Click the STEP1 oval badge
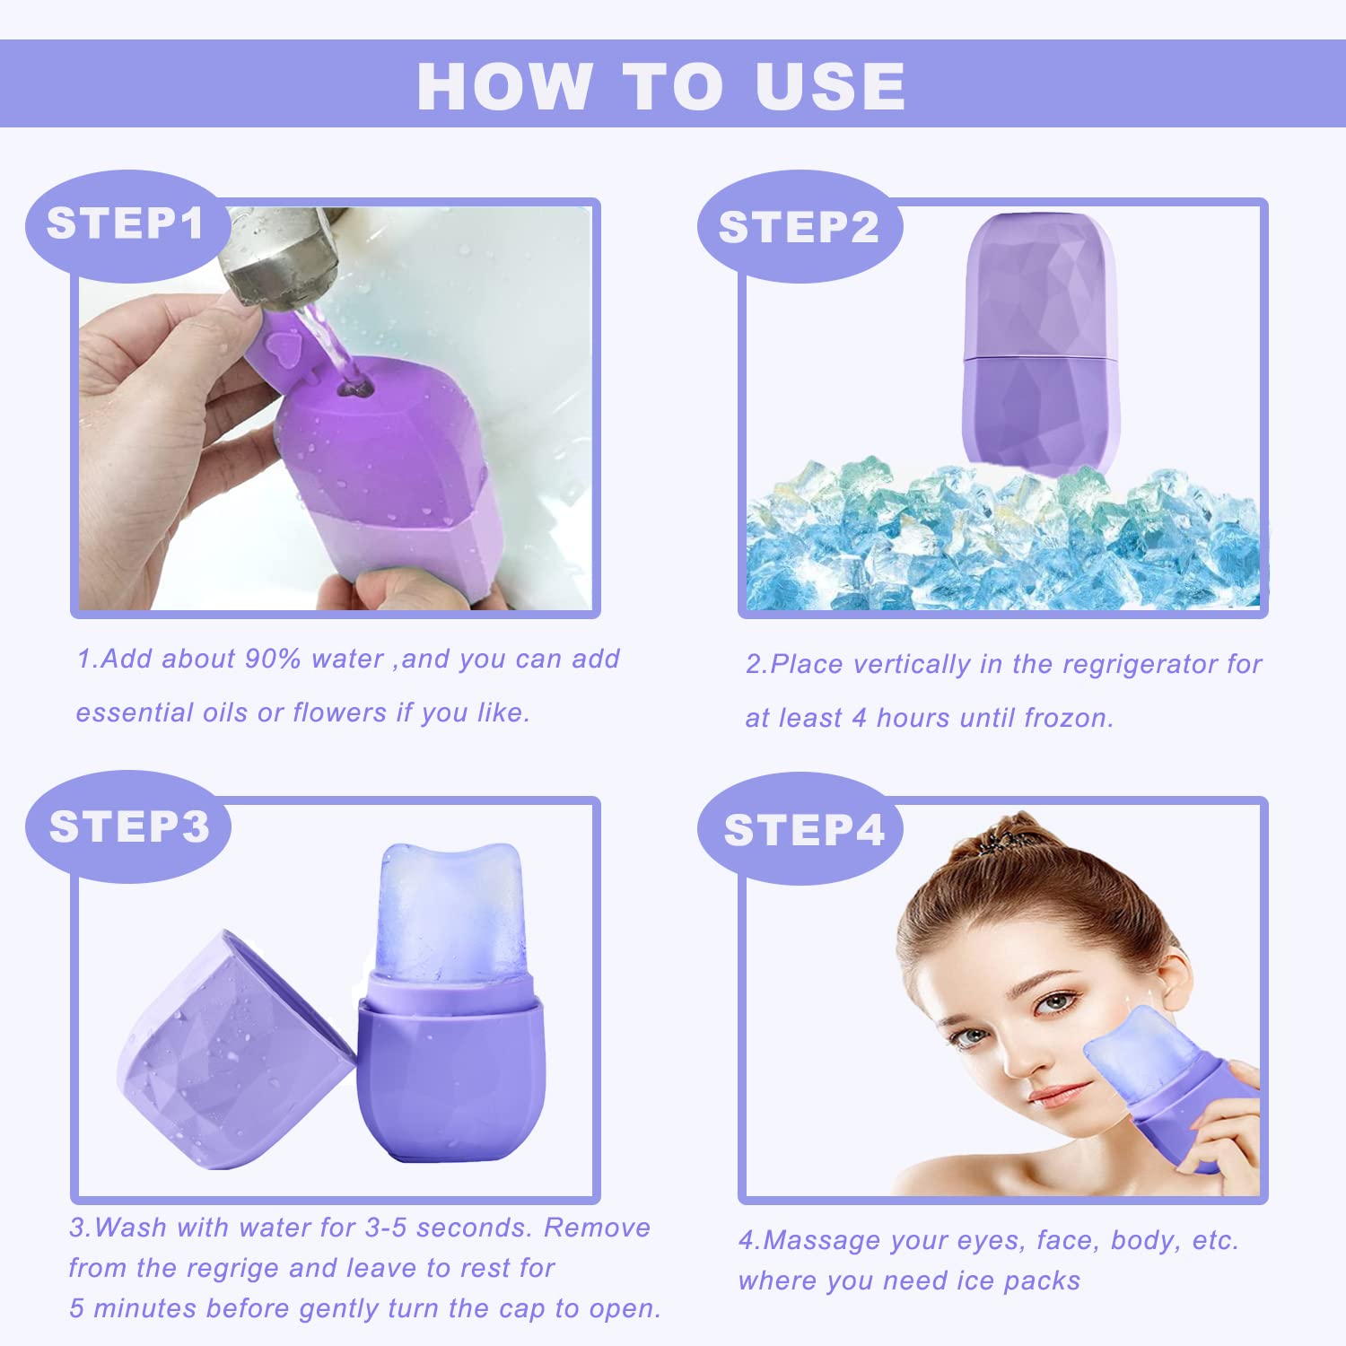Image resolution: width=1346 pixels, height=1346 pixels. [126, 224]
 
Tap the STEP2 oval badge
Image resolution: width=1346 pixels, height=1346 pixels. [799, 227]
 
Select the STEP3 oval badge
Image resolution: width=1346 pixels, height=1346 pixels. [128, 826]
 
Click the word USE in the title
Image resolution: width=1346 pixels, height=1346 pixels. [829, 87]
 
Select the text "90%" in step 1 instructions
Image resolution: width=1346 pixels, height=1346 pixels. [273, 659]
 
